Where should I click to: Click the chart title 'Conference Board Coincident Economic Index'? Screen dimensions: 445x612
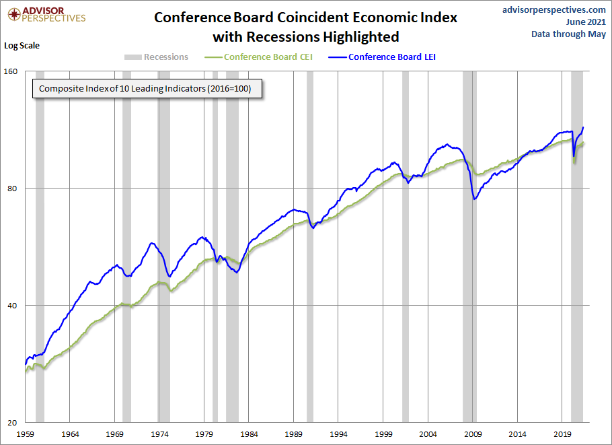coord(305,18)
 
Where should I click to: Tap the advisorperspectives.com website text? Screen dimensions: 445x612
coord(554,9)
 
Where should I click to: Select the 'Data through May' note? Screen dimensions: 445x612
coord(568,34)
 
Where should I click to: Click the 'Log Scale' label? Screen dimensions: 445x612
coord(22,46)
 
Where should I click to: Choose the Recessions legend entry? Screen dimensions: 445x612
coord(156,57)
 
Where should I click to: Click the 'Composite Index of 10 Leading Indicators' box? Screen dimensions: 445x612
coord(145,89)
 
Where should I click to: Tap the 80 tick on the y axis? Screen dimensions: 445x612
coord(14,189)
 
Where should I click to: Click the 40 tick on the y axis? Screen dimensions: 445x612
coord(14,306)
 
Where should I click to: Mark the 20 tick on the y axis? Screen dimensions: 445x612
coord(14,423)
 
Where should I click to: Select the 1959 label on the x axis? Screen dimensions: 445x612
coord(25,434)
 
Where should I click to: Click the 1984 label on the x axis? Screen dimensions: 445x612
coord(249,434)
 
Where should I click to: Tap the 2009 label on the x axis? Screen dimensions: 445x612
coord(473,434)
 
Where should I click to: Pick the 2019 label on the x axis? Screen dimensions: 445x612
coord(562,434)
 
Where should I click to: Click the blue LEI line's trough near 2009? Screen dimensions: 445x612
coord(475,199)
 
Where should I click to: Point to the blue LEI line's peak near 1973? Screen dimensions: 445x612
coord(152,243)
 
